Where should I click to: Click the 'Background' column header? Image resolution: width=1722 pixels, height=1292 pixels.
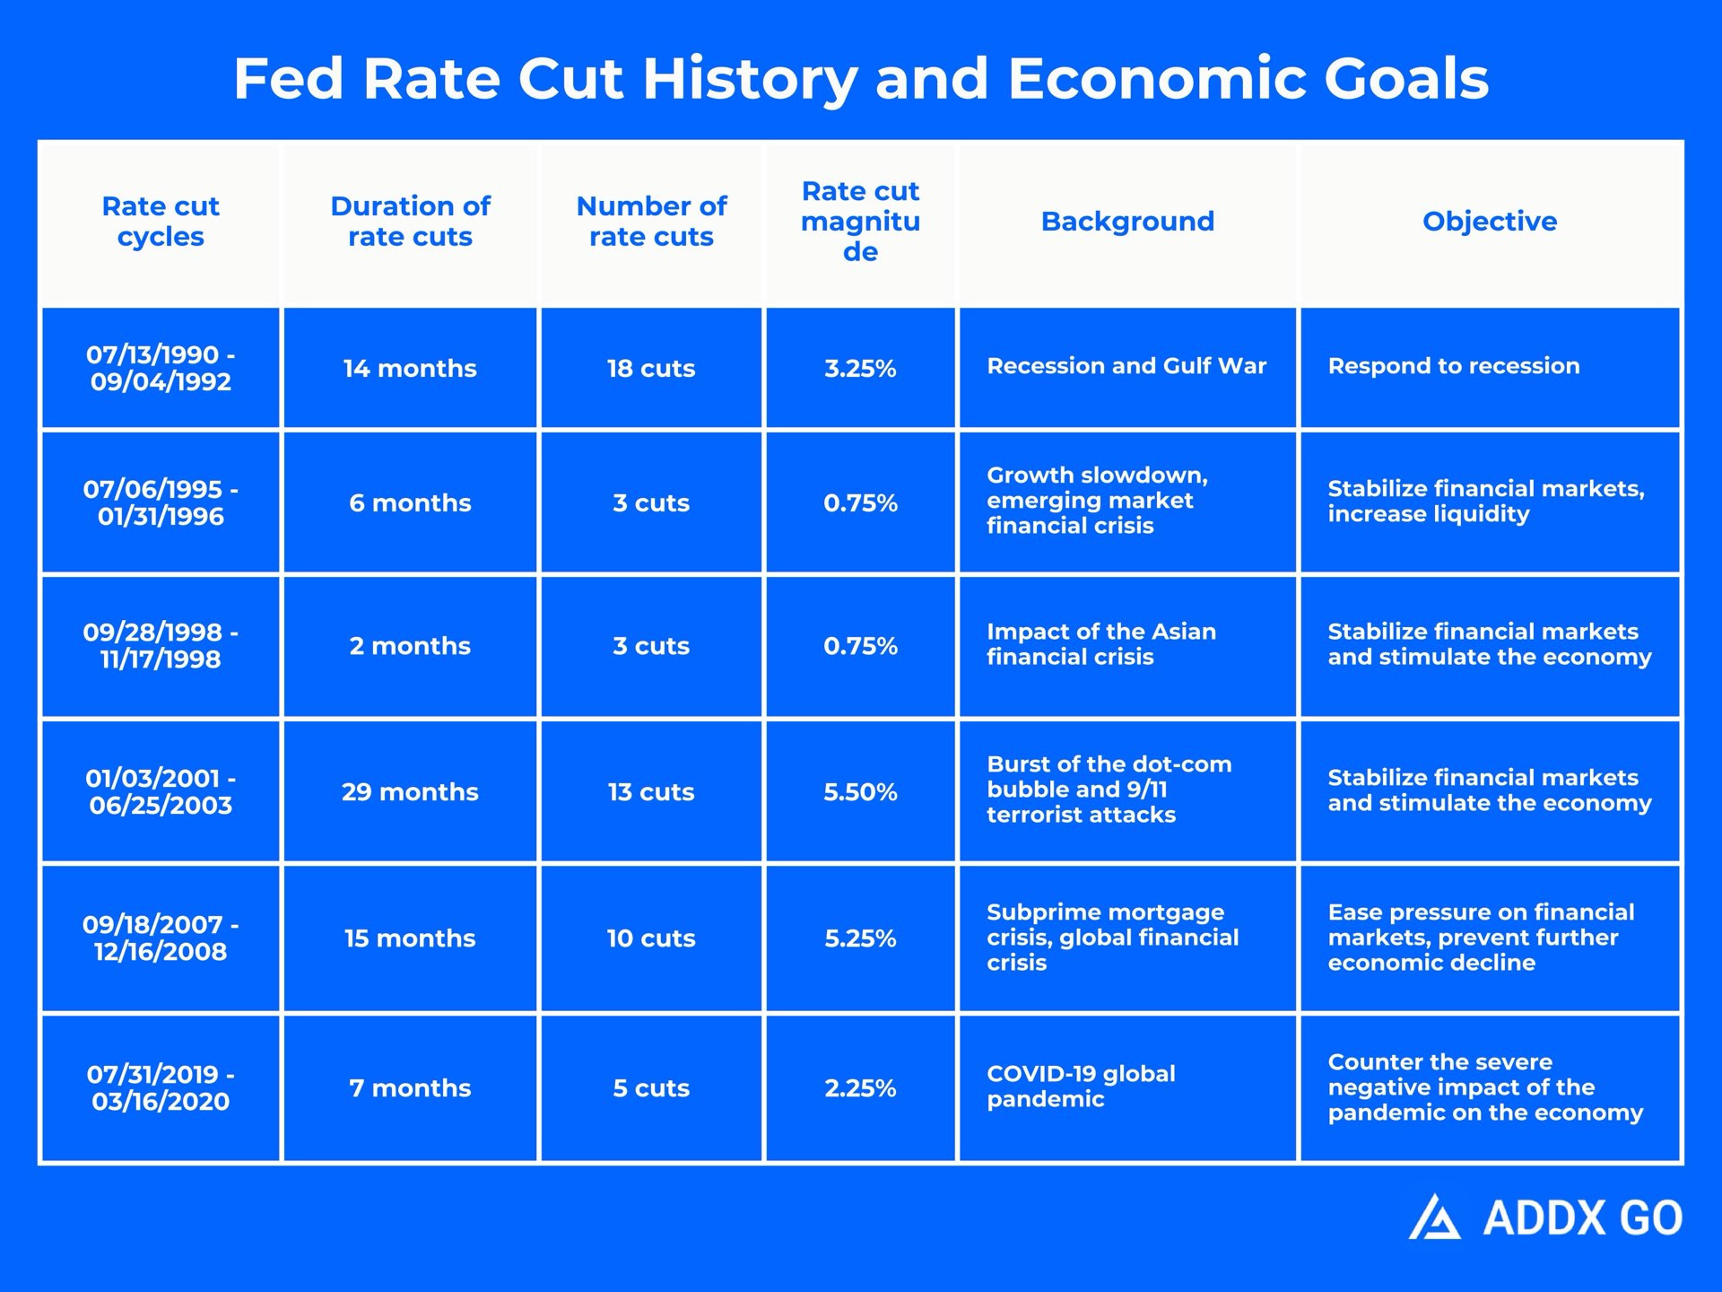(1127, 222)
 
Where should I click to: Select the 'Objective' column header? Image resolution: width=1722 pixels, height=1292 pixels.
(1490, 222)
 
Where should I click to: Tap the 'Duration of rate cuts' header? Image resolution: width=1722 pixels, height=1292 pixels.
(410, 222)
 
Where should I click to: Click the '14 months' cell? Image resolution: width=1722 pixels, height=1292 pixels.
(410, 369)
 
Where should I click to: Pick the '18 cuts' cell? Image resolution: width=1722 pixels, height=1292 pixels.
(651, 369)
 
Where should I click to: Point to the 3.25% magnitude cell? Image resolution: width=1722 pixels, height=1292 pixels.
(860, 369)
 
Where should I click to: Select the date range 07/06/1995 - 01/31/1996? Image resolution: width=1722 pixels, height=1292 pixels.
(161, 502)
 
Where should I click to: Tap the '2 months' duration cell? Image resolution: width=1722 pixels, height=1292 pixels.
(410, 646)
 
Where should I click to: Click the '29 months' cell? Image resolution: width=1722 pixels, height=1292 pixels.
(410, 792)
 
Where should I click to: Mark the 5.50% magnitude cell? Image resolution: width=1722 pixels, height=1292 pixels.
(860, 792)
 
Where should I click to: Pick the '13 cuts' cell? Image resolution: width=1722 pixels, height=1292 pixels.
(651, 792)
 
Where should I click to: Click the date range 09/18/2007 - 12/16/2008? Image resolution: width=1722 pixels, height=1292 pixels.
(161, 938)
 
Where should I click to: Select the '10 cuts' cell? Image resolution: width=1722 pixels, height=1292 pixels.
(651, 938)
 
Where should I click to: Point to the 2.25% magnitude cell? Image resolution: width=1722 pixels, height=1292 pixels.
(860, 1088)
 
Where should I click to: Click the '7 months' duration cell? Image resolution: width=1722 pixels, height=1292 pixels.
(410, 1088)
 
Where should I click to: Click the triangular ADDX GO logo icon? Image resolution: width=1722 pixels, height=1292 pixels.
(1435, 1218)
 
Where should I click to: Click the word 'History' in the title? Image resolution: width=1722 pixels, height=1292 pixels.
(750, 80)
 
